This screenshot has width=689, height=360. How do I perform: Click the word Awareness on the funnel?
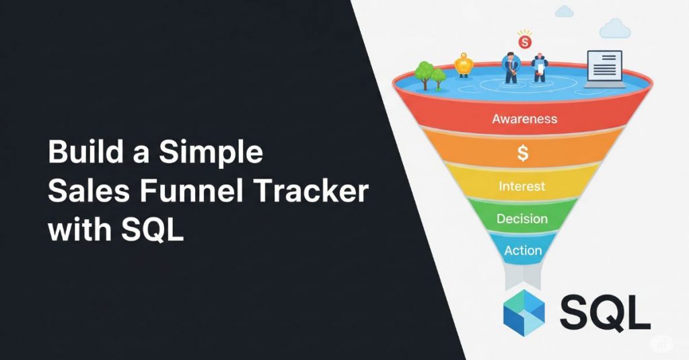[525, 119]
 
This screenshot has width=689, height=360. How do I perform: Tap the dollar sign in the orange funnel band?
[523, 153]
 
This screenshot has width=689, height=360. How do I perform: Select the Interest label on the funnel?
[522, 186]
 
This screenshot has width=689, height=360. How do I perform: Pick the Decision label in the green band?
[522, 219]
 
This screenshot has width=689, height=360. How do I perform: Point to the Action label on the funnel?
[523, 250]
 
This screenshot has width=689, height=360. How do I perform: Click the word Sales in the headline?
[85, 192]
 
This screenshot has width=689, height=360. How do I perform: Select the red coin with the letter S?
[525, 42]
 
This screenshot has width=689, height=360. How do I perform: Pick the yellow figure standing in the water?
[462, 66]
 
